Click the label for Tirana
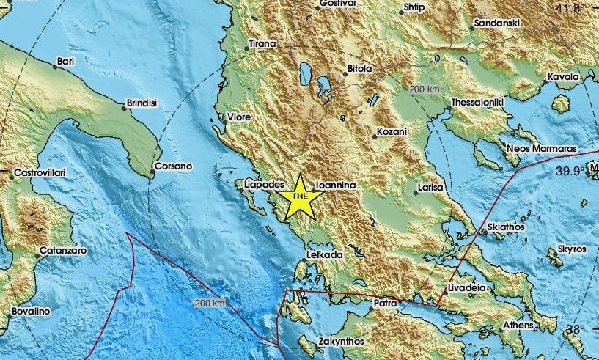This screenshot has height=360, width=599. click(x=262, y=45)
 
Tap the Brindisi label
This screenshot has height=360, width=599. click(x=142, y=103)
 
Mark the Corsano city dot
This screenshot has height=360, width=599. click(x=152, y=174)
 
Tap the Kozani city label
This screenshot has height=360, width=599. click(x=391, y=132)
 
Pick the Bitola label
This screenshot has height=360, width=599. click(x=359, y=70)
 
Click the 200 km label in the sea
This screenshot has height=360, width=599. click(x=210, y=302)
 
